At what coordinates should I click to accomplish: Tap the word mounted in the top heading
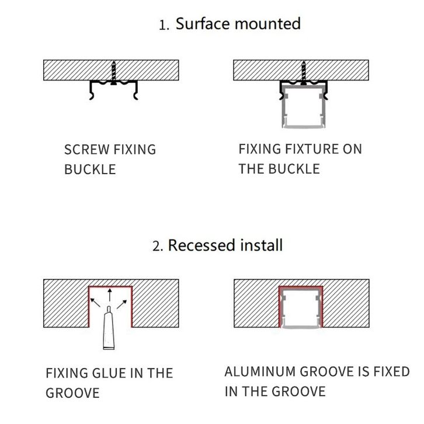(267, 23)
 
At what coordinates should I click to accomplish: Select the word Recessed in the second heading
(201, 245)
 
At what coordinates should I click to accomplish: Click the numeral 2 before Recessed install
(157, 246)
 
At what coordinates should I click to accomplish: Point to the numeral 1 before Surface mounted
(163, 26)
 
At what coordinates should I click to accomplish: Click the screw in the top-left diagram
(114, 73)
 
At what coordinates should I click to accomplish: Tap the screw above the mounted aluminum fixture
(304, 73)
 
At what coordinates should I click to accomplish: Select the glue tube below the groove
(109, 328)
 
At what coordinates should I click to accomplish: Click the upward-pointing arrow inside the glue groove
(109, 296)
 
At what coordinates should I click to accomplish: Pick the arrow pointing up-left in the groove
(95, 303)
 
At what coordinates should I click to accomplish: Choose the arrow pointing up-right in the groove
(121, 304)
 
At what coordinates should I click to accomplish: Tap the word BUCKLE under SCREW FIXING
(90, 169)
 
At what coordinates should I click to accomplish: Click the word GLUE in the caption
(109, 373)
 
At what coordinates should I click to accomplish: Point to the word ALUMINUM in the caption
(260, 371)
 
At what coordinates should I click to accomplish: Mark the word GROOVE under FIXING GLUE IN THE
(72, 393)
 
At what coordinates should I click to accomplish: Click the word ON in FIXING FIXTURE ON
(352, 149)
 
